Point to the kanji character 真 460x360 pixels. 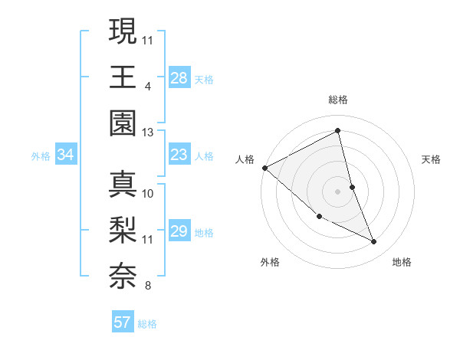[x=122, y=184]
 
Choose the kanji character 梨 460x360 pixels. [x=122, y=230]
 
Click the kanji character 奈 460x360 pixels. [x=122, y=277]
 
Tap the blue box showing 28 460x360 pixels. [x=179, y=77]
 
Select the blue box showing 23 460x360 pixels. [x=179, y=155]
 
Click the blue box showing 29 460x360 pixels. [x=179, y=231]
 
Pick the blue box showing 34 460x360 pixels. [x=66, y=155]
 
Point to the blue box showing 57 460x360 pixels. [x=123, y=322]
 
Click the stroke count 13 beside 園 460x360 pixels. [x=147, y=133]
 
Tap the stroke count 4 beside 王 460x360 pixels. [x=147, y=86]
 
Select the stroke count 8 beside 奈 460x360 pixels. [x=147, y=287]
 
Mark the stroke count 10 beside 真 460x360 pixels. [x=148, y=193]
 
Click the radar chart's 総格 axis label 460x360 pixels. [x=338, y=100]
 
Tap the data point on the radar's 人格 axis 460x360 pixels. [x=264, y=167]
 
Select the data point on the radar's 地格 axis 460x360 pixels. [x=374, y=242]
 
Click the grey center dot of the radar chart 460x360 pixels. [x=338, y=191]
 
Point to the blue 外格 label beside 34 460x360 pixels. [x=41, y=156]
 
